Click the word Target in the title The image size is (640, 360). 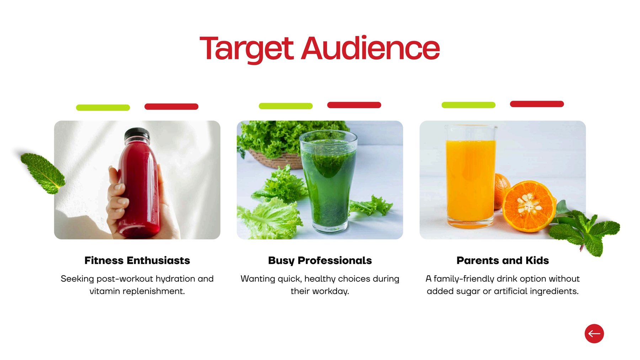pos(247,49)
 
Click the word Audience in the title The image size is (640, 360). pos(370,48)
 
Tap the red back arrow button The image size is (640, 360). pos(594,334)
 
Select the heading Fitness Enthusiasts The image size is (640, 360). pos(137,260)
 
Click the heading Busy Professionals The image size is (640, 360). pos(320,261)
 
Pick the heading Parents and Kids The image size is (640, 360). pos(503,260)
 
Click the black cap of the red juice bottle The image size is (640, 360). pos(137,134)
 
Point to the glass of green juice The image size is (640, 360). pos(328,181)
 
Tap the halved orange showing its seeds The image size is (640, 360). pos(529,206)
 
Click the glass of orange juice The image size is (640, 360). pos(471,176)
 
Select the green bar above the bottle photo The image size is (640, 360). pos(103,107)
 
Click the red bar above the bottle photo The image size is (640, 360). pos(171,106)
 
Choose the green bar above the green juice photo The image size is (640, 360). pos(286,106)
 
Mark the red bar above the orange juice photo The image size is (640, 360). pos(537,104)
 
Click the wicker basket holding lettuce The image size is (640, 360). pos(276,159)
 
